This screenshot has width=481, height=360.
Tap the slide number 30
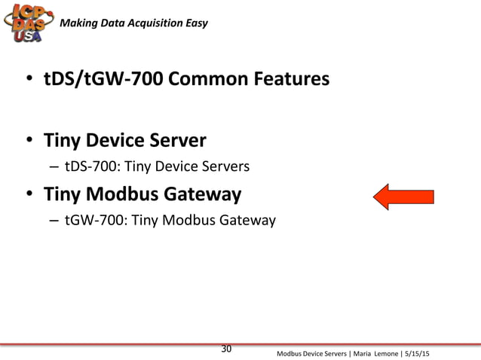[x=226, y=348]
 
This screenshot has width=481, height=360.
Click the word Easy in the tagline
[x=186, y=20]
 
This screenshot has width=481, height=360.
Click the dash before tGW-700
[x=54, y=220]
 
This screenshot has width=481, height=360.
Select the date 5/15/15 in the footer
[x=424, y=353]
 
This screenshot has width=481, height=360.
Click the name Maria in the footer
[x=358, y=353]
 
